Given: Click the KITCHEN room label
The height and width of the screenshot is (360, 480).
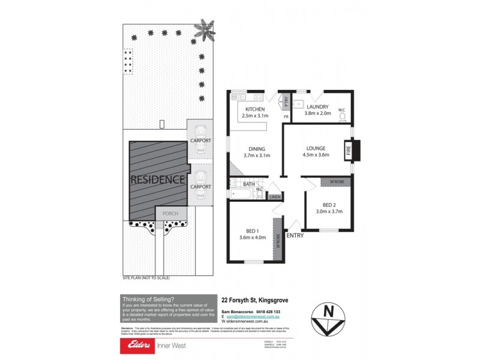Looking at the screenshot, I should (x=255, y=109).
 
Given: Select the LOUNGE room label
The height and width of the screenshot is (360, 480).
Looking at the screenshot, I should (x=316, y=148).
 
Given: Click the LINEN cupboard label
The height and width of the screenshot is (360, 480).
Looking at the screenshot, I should (x=275, y=197).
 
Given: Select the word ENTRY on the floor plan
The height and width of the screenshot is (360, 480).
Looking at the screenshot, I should (x=295, y=236).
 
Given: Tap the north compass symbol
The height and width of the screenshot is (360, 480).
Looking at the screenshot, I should (x=329, y=317).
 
